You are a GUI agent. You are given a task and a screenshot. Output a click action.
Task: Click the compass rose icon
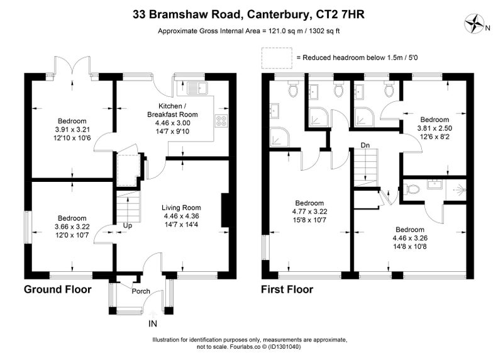pyautogui.click(x=474, y=24)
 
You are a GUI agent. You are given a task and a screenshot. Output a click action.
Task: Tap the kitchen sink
pyautogui.click(x=197, y=88)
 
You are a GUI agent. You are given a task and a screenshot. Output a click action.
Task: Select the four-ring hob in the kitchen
pyautogui.click(x=221, y=121)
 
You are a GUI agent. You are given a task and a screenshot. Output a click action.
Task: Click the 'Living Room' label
pyautogui.click(x=181, y=208)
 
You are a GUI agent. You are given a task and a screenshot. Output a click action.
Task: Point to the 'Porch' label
pyautogui.click(x=141, y=291)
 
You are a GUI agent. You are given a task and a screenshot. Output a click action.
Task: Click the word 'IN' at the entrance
pyautogui.click(x=153, y=323)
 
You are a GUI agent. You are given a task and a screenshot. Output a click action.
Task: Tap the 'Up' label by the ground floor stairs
pyautogui.click(x=128, y=225)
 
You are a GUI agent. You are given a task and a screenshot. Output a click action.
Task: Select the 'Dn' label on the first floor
pyautogui.click(x=365, y=145)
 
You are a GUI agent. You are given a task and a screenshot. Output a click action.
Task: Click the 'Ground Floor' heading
pyautogui.click(x=58, y=290)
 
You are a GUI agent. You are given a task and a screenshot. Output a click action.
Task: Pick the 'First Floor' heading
pyautogui.click(x=287, y=290)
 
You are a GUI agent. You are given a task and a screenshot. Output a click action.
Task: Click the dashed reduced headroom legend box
pyautogui.click(x=277, y=58)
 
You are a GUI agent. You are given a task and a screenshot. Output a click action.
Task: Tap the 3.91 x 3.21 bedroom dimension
pyautogui.click(x=72, y=130)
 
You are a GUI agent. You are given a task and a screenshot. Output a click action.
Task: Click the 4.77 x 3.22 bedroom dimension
pyautogui.click(x=309, y=211)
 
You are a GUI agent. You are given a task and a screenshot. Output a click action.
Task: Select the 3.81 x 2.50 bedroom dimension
pyautogui.click(x=434, y=128)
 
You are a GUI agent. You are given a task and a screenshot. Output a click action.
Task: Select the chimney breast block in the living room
pyautogui.click(x=225, y=210)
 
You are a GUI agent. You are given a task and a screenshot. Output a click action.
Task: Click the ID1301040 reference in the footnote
pyautogui.click(x=285, y=347)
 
